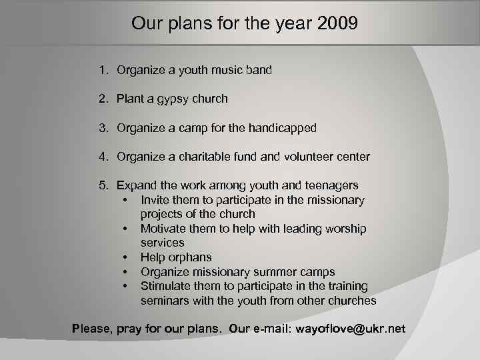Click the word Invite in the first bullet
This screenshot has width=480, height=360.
156,200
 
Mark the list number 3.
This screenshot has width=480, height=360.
103,127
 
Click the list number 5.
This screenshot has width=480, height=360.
103,185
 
